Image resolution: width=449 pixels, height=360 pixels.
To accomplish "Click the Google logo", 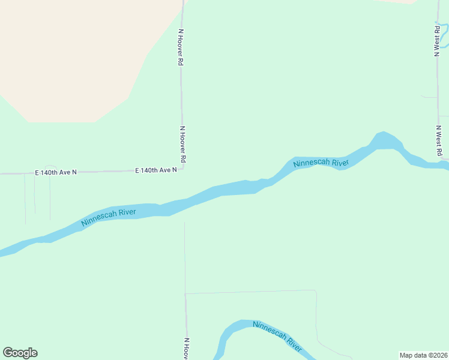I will [x=20, y=353].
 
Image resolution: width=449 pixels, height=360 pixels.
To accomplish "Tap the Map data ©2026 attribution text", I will [x=423, y=355].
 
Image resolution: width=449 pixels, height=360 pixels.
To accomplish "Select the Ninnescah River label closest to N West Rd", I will [x=321, y=163].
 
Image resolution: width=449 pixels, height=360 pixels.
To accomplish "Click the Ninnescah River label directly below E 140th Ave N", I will [x=109, y=217].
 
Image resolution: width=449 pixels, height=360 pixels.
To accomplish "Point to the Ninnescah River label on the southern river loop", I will [x=277, y=335].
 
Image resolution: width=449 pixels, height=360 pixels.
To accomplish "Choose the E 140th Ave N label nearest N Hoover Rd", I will [x=156, y=170].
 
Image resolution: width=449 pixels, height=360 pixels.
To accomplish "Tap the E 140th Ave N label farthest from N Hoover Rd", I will [x=56, y=172].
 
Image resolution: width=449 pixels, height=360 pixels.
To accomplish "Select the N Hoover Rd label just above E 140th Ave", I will [x=182, y=144].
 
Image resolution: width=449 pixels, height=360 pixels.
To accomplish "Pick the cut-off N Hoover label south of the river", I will [x=187, y=349].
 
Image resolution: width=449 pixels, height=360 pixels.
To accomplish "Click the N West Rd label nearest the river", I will [x=439, y=140].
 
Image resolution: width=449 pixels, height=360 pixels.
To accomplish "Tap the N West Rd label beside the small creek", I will [x=437, y=39].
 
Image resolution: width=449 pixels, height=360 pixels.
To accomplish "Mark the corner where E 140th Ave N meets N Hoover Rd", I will [x=182, y=169].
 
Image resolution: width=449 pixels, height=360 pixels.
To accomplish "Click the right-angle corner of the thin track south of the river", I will [x=315, y=291].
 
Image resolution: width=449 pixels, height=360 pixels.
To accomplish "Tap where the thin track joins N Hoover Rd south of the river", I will [x=185, y=294].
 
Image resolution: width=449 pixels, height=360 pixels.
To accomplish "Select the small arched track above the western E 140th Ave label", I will [x=51, y=166].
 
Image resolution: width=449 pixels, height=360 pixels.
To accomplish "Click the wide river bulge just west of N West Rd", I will [x=385, y=142].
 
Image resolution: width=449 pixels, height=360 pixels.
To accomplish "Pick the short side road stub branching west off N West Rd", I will [x=429, y=97].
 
